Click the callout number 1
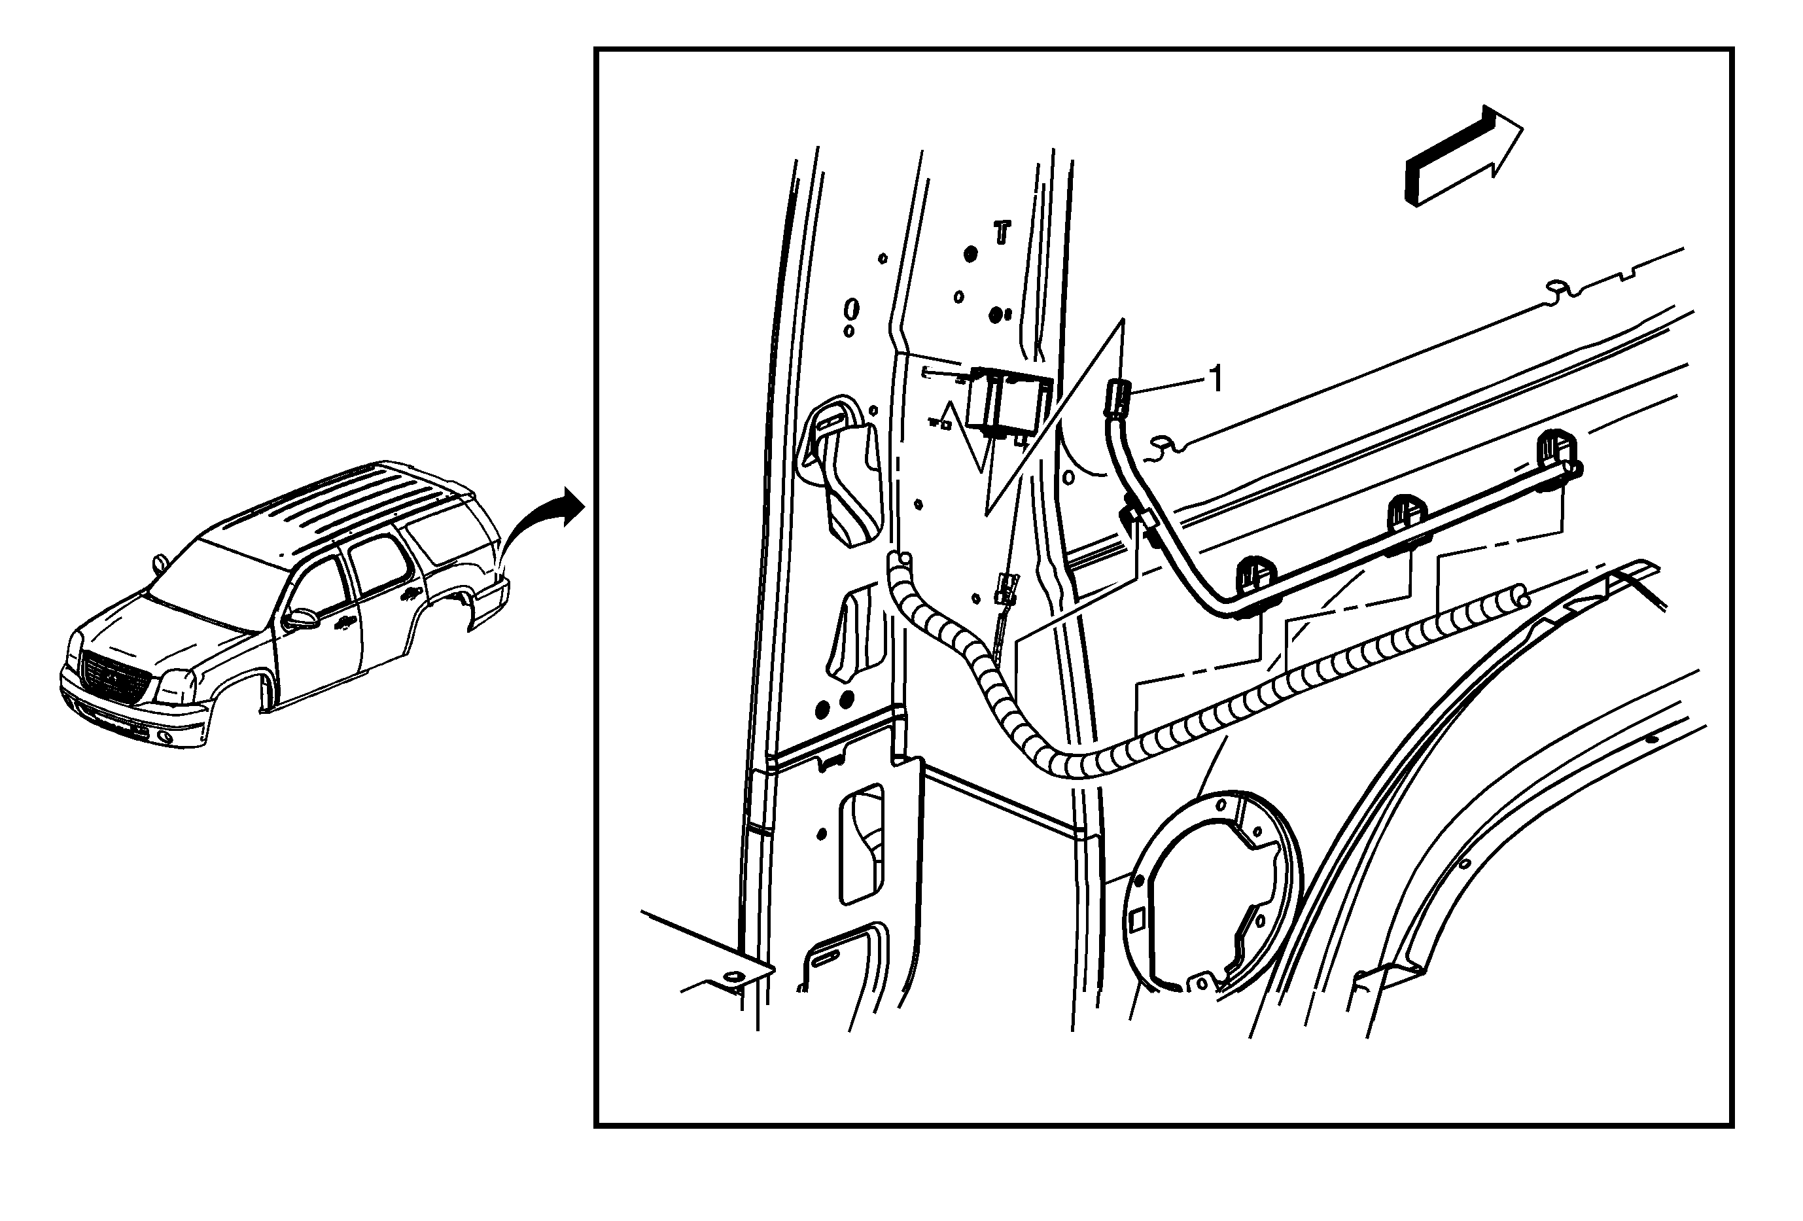[1216, 379]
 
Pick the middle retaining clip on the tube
[1407, 522]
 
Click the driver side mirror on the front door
[302, 618]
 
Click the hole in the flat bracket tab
[731, 977]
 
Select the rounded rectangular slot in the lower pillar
[861, 844]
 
